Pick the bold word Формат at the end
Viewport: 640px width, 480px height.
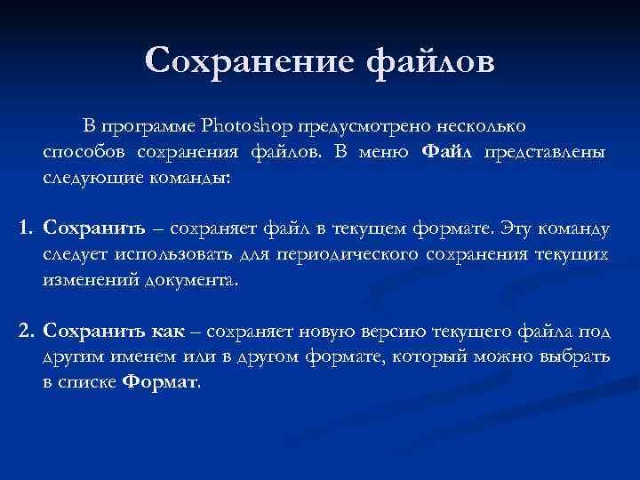160,383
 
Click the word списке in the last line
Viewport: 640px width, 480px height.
87,383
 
